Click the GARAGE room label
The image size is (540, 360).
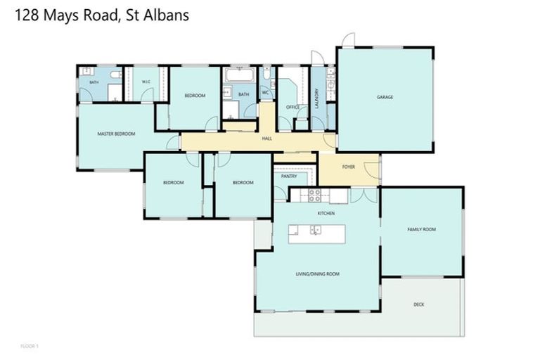[385, 97]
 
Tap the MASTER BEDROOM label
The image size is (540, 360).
[116, 134]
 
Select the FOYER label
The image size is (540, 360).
[349, 167]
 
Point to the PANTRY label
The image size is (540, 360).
[289, 176]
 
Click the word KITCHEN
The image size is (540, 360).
[326, 212]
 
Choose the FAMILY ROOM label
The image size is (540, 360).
[422, 230]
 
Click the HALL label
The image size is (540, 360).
[267, 139]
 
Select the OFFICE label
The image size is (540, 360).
[293, 108]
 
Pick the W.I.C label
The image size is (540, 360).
[146, 82]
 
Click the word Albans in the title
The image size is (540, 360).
[167, 15]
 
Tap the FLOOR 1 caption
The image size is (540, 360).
[30, 347]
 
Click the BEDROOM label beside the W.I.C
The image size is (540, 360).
[195, 96]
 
